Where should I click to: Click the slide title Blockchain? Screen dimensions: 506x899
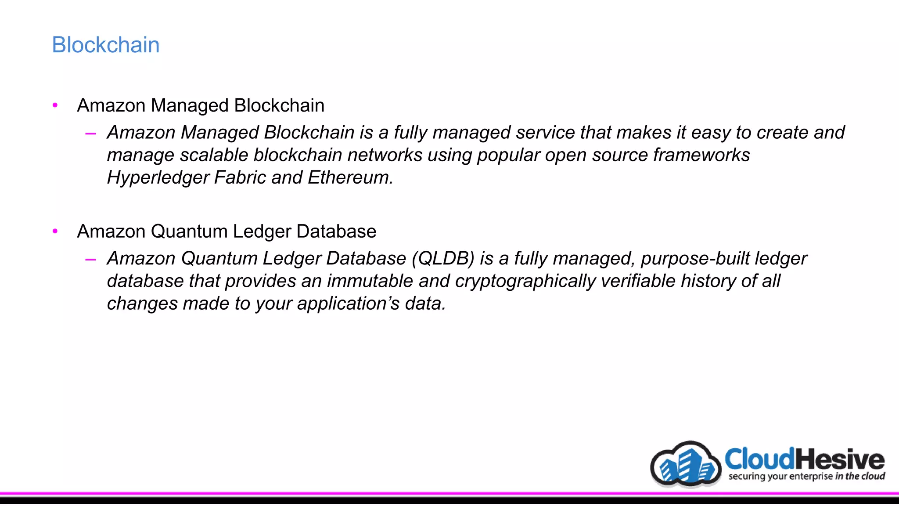tap(106, 45)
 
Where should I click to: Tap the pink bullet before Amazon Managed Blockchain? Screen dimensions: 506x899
tap(55, 105)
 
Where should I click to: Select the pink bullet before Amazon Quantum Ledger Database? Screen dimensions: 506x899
tap(55, 231)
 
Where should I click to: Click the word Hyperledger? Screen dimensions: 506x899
tap(158, 178)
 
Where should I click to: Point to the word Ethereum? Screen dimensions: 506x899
tap(349, 178)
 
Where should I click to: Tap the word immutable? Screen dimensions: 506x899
tap(370, 281)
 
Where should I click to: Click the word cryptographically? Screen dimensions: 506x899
tap(525, 282)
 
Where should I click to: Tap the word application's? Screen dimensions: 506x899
tap(348, 304)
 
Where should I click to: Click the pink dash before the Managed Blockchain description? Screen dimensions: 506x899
tap(91, 134)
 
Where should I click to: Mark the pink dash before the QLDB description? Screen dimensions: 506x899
tap(91, 260)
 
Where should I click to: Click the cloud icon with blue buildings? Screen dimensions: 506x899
tap(686, 464)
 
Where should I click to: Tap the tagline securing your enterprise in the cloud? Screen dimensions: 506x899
tap(806, 476)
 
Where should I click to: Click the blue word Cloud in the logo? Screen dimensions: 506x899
tap(759, 459)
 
